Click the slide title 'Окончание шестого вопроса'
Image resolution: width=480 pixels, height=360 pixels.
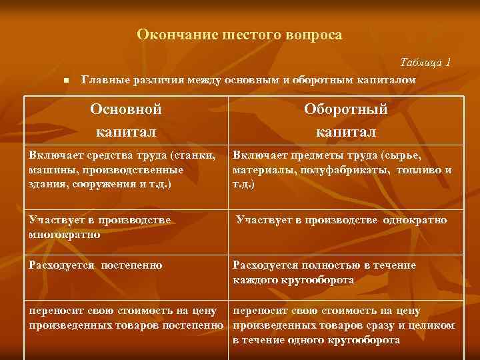click(x=239, y=34)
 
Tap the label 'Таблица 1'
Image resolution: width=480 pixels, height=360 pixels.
click(x=425, y=62)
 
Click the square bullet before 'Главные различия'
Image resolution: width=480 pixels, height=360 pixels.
click(x=66, y=81)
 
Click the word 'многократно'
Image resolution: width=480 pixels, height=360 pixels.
click(x=65, y=234)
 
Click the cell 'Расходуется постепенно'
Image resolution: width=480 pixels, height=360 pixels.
click(x=95, y=265)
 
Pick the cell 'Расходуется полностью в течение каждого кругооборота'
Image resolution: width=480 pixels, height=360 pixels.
click(x=324, y=273)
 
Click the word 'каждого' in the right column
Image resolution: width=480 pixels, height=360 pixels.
click(x=255, y=280)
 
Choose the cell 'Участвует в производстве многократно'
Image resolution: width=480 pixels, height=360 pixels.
click(x=99, y=227)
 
